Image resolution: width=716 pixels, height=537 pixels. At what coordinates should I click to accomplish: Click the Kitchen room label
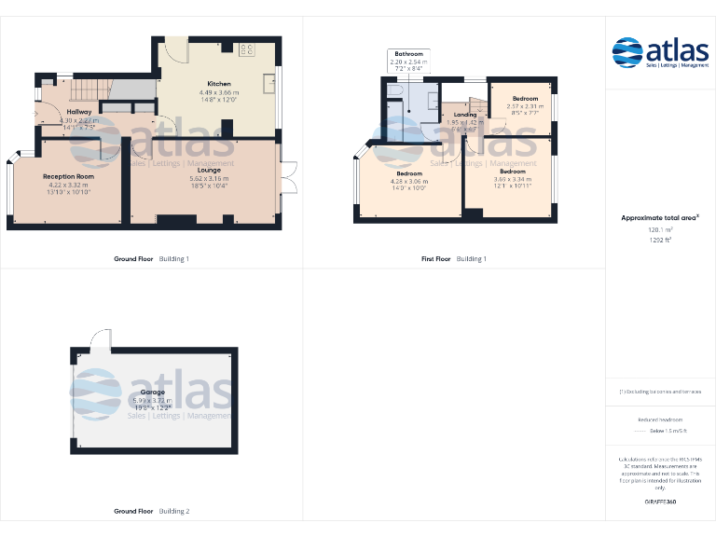coord(219,84)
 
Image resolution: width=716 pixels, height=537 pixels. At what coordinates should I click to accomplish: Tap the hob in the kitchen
coord(248,49)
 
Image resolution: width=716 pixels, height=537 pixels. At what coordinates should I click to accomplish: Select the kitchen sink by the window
coord(268,80)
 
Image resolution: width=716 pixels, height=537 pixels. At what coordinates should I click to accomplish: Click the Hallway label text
coord(65,112)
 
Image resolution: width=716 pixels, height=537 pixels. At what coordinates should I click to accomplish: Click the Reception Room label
coord(68,176)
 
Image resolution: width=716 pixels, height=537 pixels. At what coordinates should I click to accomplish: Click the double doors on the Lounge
coord(287,177)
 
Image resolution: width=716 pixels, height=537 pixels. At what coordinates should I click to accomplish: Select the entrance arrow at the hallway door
coord(36,117)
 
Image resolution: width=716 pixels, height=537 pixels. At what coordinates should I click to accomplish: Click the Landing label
coord(464,115)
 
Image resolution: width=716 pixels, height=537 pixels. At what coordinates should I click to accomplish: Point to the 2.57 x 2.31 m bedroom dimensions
coord(525,106)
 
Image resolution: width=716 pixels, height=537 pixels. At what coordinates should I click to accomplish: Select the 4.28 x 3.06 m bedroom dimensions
coord(410,181)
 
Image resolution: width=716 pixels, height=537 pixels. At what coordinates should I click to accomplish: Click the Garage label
coord(152,392)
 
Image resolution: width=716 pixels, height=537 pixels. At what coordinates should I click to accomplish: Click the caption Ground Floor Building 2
coord(151,511)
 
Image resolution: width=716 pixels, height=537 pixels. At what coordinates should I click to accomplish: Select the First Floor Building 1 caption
coord(454,258)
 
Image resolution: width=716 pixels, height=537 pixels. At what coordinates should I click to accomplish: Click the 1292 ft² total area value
coord(660,240)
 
